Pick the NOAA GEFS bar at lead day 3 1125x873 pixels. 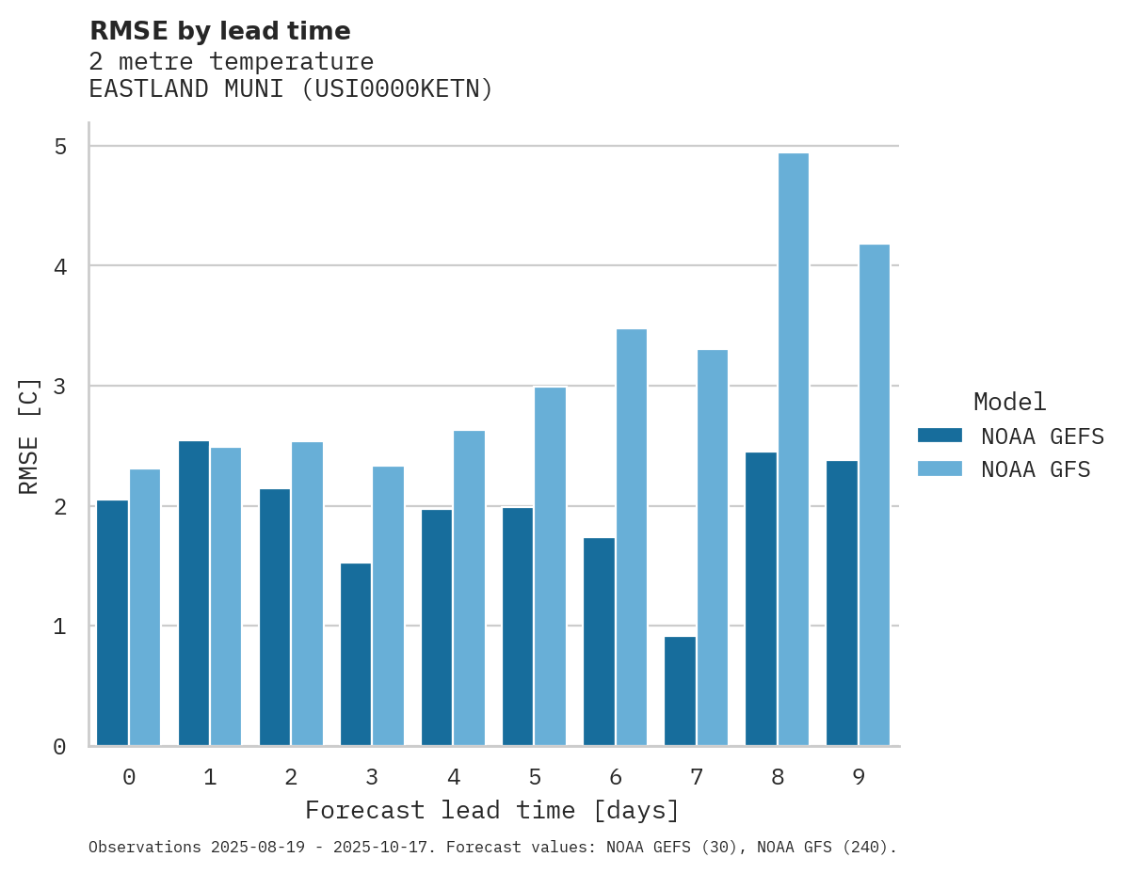356,655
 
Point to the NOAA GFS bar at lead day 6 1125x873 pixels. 631,537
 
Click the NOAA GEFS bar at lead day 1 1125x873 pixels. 194,593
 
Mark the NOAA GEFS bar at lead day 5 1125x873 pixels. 518,627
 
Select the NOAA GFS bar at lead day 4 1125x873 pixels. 469,588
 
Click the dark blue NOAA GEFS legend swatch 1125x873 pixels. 940,436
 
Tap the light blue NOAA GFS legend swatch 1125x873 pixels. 940,469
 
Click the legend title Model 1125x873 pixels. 1009,403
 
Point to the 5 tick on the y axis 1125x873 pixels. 60,147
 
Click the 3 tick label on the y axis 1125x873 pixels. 60,387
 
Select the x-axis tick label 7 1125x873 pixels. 697,777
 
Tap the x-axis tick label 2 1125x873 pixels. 291,777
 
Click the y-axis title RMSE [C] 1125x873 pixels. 29,436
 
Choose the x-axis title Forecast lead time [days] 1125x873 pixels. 491,811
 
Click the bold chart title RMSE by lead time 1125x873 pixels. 219,31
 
